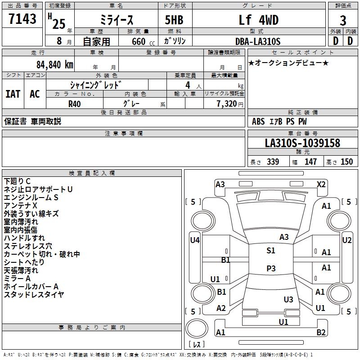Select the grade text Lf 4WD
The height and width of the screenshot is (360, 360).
click(259, 20)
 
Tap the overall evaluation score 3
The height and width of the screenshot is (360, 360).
click(343, 21)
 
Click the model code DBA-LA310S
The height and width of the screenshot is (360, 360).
click(258, 41)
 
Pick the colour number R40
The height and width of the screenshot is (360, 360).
click(74, 103)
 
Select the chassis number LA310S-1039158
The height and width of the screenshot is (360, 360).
click(302, 143)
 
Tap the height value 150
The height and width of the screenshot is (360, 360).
click(346, 162)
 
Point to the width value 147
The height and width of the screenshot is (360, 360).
click(310, 162)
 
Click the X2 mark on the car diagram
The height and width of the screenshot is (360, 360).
click(321, 184)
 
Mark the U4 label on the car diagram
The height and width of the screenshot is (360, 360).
click(194, 240)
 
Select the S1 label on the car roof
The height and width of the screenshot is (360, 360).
click(270, 251)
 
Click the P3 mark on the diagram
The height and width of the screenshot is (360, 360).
click(270, 268)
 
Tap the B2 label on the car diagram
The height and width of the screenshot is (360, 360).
click(321, 333)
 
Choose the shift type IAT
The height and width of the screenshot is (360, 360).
click(13, 94)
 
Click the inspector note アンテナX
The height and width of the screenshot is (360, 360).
click(21, 206)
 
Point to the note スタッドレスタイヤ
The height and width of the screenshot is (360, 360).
click(34, 295)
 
